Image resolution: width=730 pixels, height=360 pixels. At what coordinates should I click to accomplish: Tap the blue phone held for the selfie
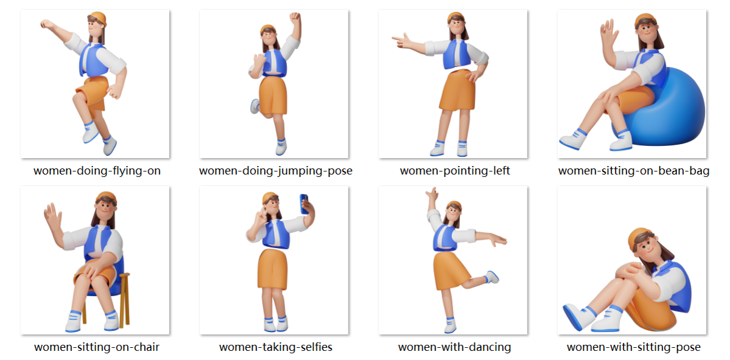click(304, 204)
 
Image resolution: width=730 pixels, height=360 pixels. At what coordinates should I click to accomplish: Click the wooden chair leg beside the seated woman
click(125, 300)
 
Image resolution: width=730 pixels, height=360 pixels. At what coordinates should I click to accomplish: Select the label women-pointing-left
click(455, 170)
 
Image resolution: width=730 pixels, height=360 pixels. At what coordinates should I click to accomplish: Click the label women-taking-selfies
click(276, 347)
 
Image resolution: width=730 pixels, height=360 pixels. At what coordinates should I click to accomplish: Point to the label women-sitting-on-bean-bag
click(633, 170)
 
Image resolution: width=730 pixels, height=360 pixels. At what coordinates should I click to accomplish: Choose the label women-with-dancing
click(454, 347)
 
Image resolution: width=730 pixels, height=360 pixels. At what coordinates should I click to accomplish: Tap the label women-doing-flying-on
click(97, 170)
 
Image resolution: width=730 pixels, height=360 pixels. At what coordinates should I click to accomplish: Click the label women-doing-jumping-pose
click(276, 170)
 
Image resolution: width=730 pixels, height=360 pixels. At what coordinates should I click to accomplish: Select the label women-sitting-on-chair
click(97, 347)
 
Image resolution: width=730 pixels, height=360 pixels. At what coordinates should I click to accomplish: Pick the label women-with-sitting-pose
click(633, 347)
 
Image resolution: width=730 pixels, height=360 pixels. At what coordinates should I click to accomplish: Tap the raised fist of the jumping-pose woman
click(295, 17)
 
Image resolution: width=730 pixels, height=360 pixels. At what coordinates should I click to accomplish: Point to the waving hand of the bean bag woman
click(609, 33)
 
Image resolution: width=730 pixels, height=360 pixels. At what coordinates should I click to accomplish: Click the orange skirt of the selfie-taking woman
click(273, 269)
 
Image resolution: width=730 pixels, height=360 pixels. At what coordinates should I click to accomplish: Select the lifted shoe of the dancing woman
click(492, 277)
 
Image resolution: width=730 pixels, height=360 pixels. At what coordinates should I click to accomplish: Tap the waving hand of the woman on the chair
click(52, 216)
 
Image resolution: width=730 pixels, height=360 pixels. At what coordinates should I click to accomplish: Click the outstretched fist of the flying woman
click(47, 24)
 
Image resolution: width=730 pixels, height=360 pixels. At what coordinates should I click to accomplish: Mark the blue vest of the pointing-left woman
click(456, 54)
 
